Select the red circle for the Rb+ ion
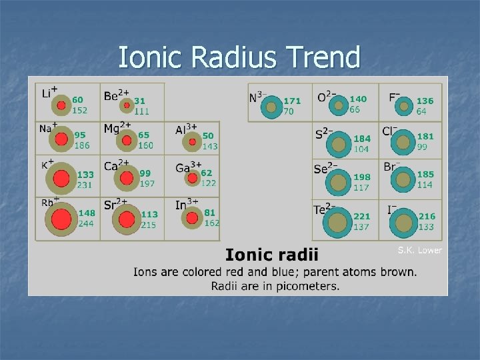click(61, 219)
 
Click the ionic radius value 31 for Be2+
click(139, 101)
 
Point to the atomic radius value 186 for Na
click(82, 145)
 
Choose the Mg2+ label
click(115, 127)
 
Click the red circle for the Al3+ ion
click(193, 141)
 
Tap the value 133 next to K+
click(85, 174)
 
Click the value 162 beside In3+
click(211, 223)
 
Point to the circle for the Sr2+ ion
click(126, 219)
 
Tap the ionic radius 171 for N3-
click(292, 101)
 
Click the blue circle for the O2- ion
click(339, 105)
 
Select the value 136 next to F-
click(425, 101)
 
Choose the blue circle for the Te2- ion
click(339, 222)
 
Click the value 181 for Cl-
click(425, 137)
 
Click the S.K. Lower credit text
click(419, 250)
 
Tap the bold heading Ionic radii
click(272, 255)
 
